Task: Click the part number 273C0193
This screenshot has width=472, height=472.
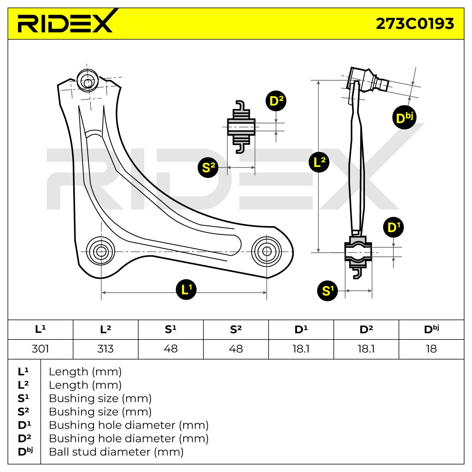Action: (415, 24)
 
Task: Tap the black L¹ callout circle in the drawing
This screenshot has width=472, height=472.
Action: (186, 290)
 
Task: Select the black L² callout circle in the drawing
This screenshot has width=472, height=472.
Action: (319, 162)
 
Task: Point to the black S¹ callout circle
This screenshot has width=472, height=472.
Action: (327, 291)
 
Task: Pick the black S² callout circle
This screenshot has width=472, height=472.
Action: (208, 167)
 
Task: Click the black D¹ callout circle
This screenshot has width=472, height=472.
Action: (393, 227)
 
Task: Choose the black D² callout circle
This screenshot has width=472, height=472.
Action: (276, 101)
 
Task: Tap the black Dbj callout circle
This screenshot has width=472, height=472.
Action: (404, 118)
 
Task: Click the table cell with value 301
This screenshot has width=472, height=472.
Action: (41, 349)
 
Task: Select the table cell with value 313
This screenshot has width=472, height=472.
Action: (105, 349)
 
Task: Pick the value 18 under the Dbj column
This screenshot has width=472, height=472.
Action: (431, 349)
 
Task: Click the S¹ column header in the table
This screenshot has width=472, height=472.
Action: (171, 330)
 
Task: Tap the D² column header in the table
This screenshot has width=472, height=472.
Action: (366, 330)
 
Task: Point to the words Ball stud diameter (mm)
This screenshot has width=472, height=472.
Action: (116, 452)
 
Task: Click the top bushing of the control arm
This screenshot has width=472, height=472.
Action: (88, 81)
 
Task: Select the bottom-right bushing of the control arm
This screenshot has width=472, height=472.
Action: (267, 251)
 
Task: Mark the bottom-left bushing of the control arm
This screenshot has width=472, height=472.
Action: (101, 251)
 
